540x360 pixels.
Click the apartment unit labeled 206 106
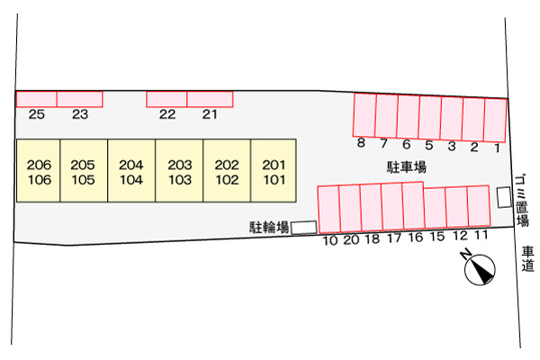pyautogui.click(x=39, y=170)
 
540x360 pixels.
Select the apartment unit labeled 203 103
pyautogui.click(x=179, y=170)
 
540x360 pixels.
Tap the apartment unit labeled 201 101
pyautogui.click(x=274, y=170)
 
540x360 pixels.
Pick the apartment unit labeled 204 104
pyautogui.click(x=131, y=170)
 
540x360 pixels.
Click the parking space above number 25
pyautogui.click(x=37, y=99)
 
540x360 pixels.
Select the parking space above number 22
pyautogui.click(x=166, y=99)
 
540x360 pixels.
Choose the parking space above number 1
pyautogui.click(x=495, y=121)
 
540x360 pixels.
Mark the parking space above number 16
pyautogui.click(x=413, y=205)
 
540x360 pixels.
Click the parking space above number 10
pyautogui.click(x=328, y=210)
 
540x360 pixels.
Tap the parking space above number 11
pyautogui.click(x=479, y=206)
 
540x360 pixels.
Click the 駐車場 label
pyautogui.click(x=407, y=167)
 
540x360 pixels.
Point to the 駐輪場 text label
pyautogui.click(x=269, y=228)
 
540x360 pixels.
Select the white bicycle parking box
pyautogui.click(x=304, y=228)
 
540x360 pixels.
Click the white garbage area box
pyautogui.click(x=504, y=197)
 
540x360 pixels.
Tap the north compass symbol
pyautogui.click(x=479, y=267)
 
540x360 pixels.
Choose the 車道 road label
pyautogui.click(x=527, y=258)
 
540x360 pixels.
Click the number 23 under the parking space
pyautogui.click(x=80, y=114)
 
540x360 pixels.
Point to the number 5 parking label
pyautogui.click(x=428, y=145)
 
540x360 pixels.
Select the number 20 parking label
pyautogui.click(x=351, y=239)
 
